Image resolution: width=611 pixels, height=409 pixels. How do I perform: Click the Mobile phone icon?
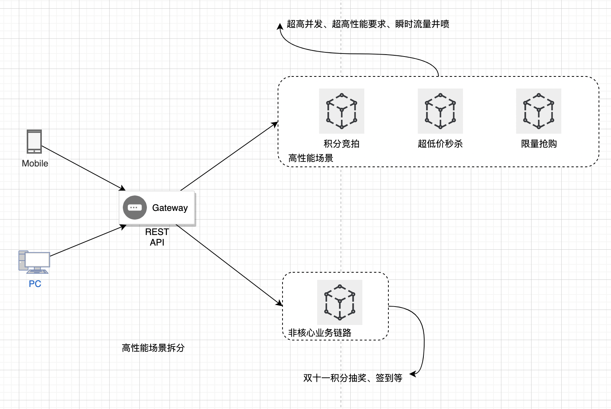pos(34,142)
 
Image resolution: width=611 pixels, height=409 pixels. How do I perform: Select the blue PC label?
pos(35,284)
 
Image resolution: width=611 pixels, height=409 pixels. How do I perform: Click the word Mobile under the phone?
pos(35,163)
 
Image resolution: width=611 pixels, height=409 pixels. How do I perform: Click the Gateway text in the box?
pos(170,208)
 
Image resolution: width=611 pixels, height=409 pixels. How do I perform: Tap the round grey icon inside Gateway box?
pos(134,208)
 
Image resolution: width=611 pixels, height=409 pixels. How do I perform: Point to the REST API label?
pos(157,237)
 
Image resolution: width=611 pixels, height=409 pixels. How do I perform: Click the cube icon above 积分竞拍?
pos(341,111)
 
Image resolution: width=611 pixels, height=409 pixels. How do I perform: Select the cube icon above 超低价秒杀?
pos(440,111)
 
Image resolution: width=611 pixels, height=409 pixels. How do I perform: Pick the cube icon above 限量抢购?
pos(538,111)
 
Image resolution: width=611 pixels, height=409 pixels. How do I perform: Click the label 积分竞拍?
pos(341,144)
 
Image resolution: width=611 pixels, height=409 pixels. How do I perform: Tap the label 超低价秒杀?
pos(440,144)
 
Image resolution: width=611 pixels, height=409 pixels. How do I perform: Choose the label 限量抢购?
pos(539,144)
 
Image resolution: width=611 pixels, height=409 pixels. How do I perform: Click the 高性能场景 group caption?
pos(311,158)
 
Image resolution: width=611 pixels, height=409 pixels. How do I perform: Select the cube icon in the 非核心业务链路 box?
pos(339,302)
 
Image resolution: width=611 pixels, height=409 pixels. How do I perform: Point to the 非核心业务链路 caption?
pos(319,333)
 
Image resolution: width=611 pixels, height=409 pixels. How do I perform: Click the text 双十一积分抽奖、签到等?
pos(353,378)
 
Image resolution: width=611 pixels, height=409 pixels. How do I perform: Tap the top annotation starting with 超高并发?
pos(368,24)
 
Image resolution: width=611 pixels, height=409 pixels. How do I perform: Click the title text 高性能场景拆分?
pos(153,348)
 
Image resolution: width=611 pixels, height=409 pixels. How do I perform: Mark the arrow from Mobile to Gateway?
pos(83,168)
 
